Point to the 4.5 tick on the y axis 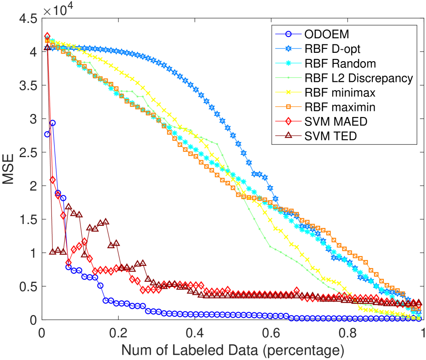(27, 19)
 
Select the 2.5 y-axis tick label (27, 153)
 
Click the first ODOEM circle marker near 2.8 (47, 134)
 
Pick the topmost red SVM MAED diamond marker (47, 36)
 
